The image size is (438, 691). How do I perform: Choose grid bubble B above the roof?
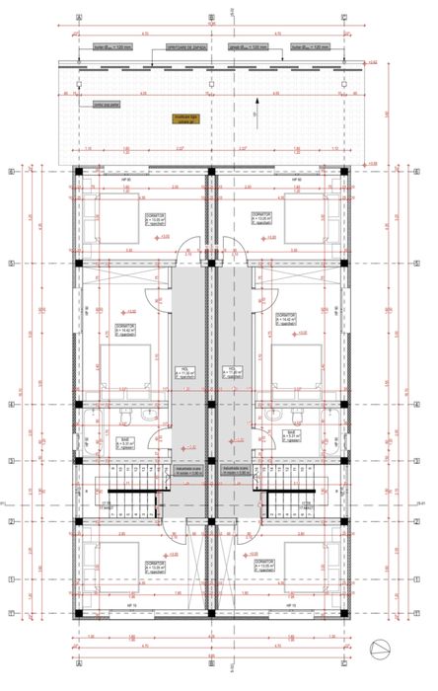(211, 18)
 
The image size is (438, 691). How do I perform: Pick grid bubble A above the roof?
(79, 18)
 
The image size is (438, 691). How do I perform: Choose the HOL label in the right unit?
(234, 372)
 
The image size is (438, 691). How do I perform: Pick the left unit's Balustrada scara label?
(187, 471)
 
